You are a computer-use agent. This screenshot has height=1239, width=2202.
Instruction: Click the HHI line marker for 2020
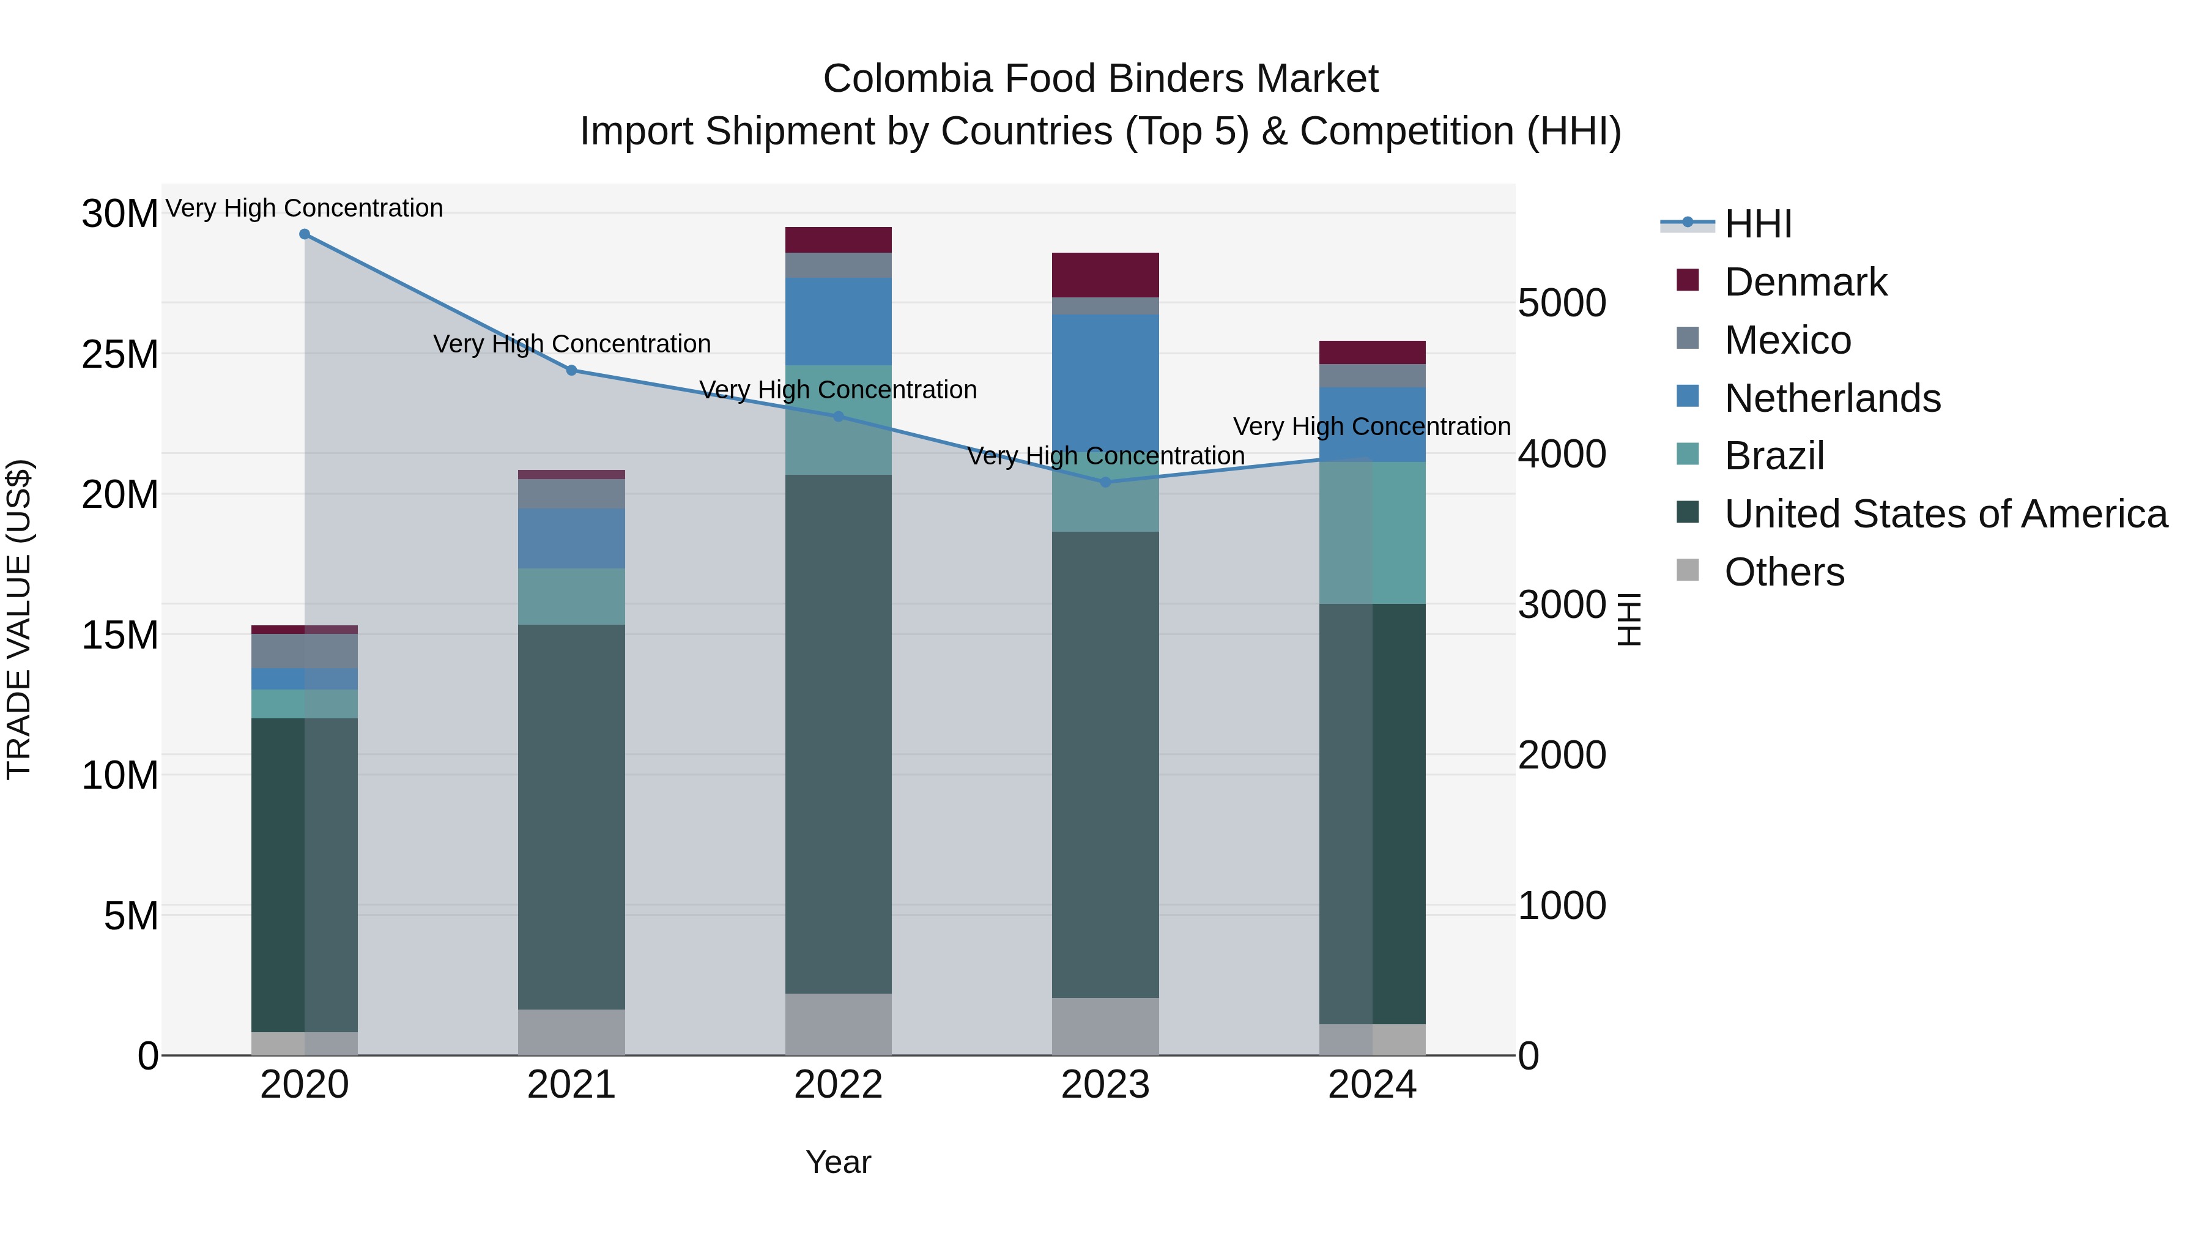(305, 234)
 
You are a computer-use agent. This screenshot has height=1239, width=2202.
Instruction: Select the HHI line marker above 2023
(1105, 482)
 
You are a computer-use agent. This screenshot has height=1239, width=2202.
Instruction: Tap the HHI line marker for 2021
(572, 370)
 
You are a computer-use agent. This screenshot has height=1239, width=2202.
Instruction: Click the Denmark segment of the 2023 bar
(1105, 275)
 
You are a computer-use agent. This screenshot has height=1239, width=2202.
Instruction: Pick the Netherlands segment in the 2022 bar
(838, 321)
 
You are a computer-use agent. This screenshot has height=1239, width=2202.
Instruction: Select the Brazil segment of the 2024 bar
(1372, 533)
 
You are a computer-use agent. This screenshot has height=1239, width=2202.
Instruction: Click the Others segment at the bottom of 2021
(571, 1032)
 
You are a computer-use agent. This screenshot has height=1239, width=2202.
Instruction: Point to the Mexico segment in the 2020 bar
(305, 651)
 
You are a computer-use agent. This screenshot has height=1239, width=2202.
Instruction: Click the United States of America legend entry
(1944, 514)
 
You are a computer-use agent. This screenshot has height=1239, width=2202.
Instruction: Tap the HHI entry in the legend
(1757, 224)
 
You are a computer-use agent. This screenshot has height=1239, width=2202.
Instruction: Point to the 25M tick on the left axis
(120, 354)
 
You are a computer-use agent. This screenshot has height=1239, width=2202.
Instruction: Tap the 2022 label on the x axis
(838, 1085)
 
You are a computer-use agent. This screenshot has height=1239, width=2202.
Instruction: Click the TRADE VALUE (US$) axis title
(19, 619)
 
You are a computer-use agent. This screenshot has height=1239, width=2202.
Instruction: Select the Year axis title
(838, 1162)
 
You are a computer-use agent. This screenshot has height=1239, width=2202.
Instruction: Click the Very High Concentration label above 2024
(1371, 426)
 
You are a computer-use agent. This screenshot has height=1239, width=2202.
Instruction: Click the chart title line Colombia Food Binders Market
(1100, 79)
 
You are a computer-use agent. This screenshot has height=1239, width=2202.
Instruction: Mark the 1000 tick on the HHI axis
(1562, 906)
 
